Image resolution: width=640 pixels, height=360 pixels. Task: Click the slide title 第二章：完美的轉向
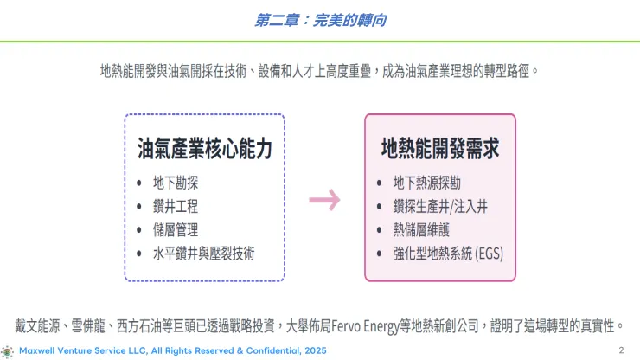click(319, 19)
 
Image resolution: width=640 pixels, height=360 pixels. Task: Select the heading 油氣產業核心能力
click(205, 148)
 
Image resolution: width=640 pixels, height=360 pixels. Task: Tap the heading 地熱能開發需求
click(440, 148)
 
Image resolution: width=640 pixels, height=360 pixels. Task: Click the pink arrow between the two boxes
click(324, 201)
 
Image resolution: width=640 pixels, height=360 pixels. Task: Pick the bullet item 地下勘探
click(176, 183)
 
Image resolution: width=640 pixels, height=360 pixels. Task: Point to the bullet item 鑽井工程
click(176, 207)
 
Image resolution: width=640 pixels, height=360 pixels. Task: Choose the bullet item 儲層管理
click(176, 230)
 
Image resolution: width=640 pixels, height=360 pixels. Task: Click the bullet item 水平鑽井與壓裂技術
click(204, 254)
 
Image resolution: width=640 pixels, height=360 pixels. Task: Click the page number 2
click(621, 350)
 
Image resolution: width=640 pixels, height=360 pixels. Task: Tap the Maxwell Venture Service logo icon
click(8, 351)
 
